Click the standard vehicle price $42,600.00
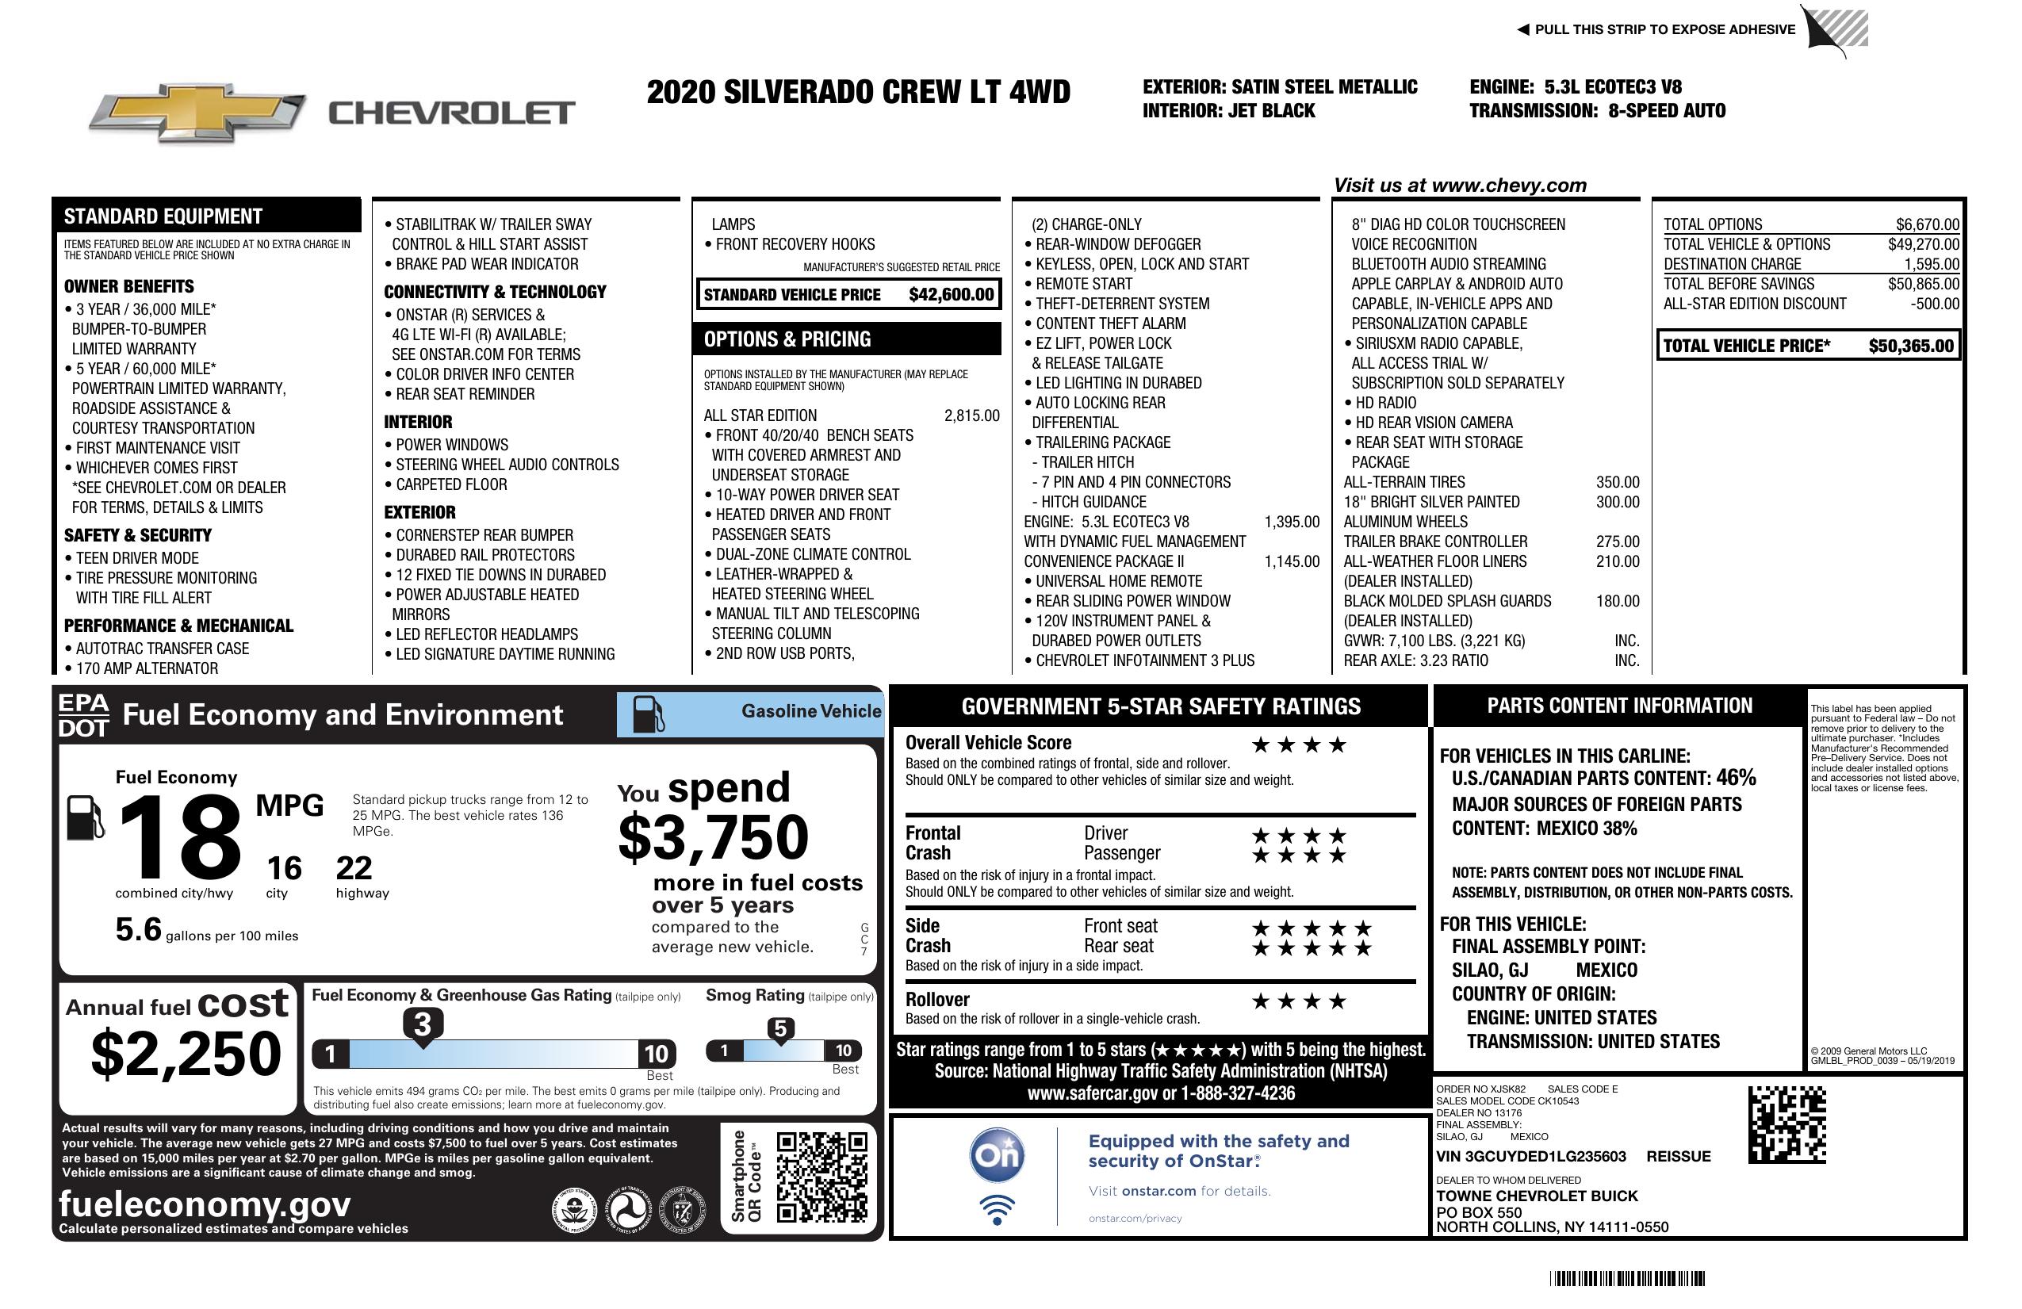[951, 295]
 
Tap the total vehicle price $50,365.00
[1911, 346]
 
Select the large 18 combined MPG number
[180, 836]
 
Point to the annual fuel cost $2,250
[186, 1054]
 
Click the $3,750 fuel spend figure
[713, 837]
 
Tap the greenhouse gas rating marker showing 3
[422, 1024]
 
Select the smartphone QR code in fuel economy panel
[821, 1177]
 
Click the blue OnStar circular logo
[997, 1155]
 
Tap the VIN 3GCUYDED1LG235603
[1530, 1156]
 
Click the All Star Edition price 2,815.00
[971, 415]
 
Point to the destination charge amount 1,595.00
[1931, 264]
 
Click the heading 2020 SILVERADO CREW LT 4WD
[858, 92]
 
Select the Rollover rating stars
[1298, 1001]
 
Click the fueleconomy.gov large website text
[205, 1204]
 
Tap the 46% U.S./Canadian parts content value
[1735, 777]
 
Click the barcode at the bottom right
[1626, 1278]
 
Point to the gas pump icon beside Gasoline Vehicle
[649, 714]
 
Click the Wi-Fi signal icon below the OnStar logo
[997, 1209]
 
